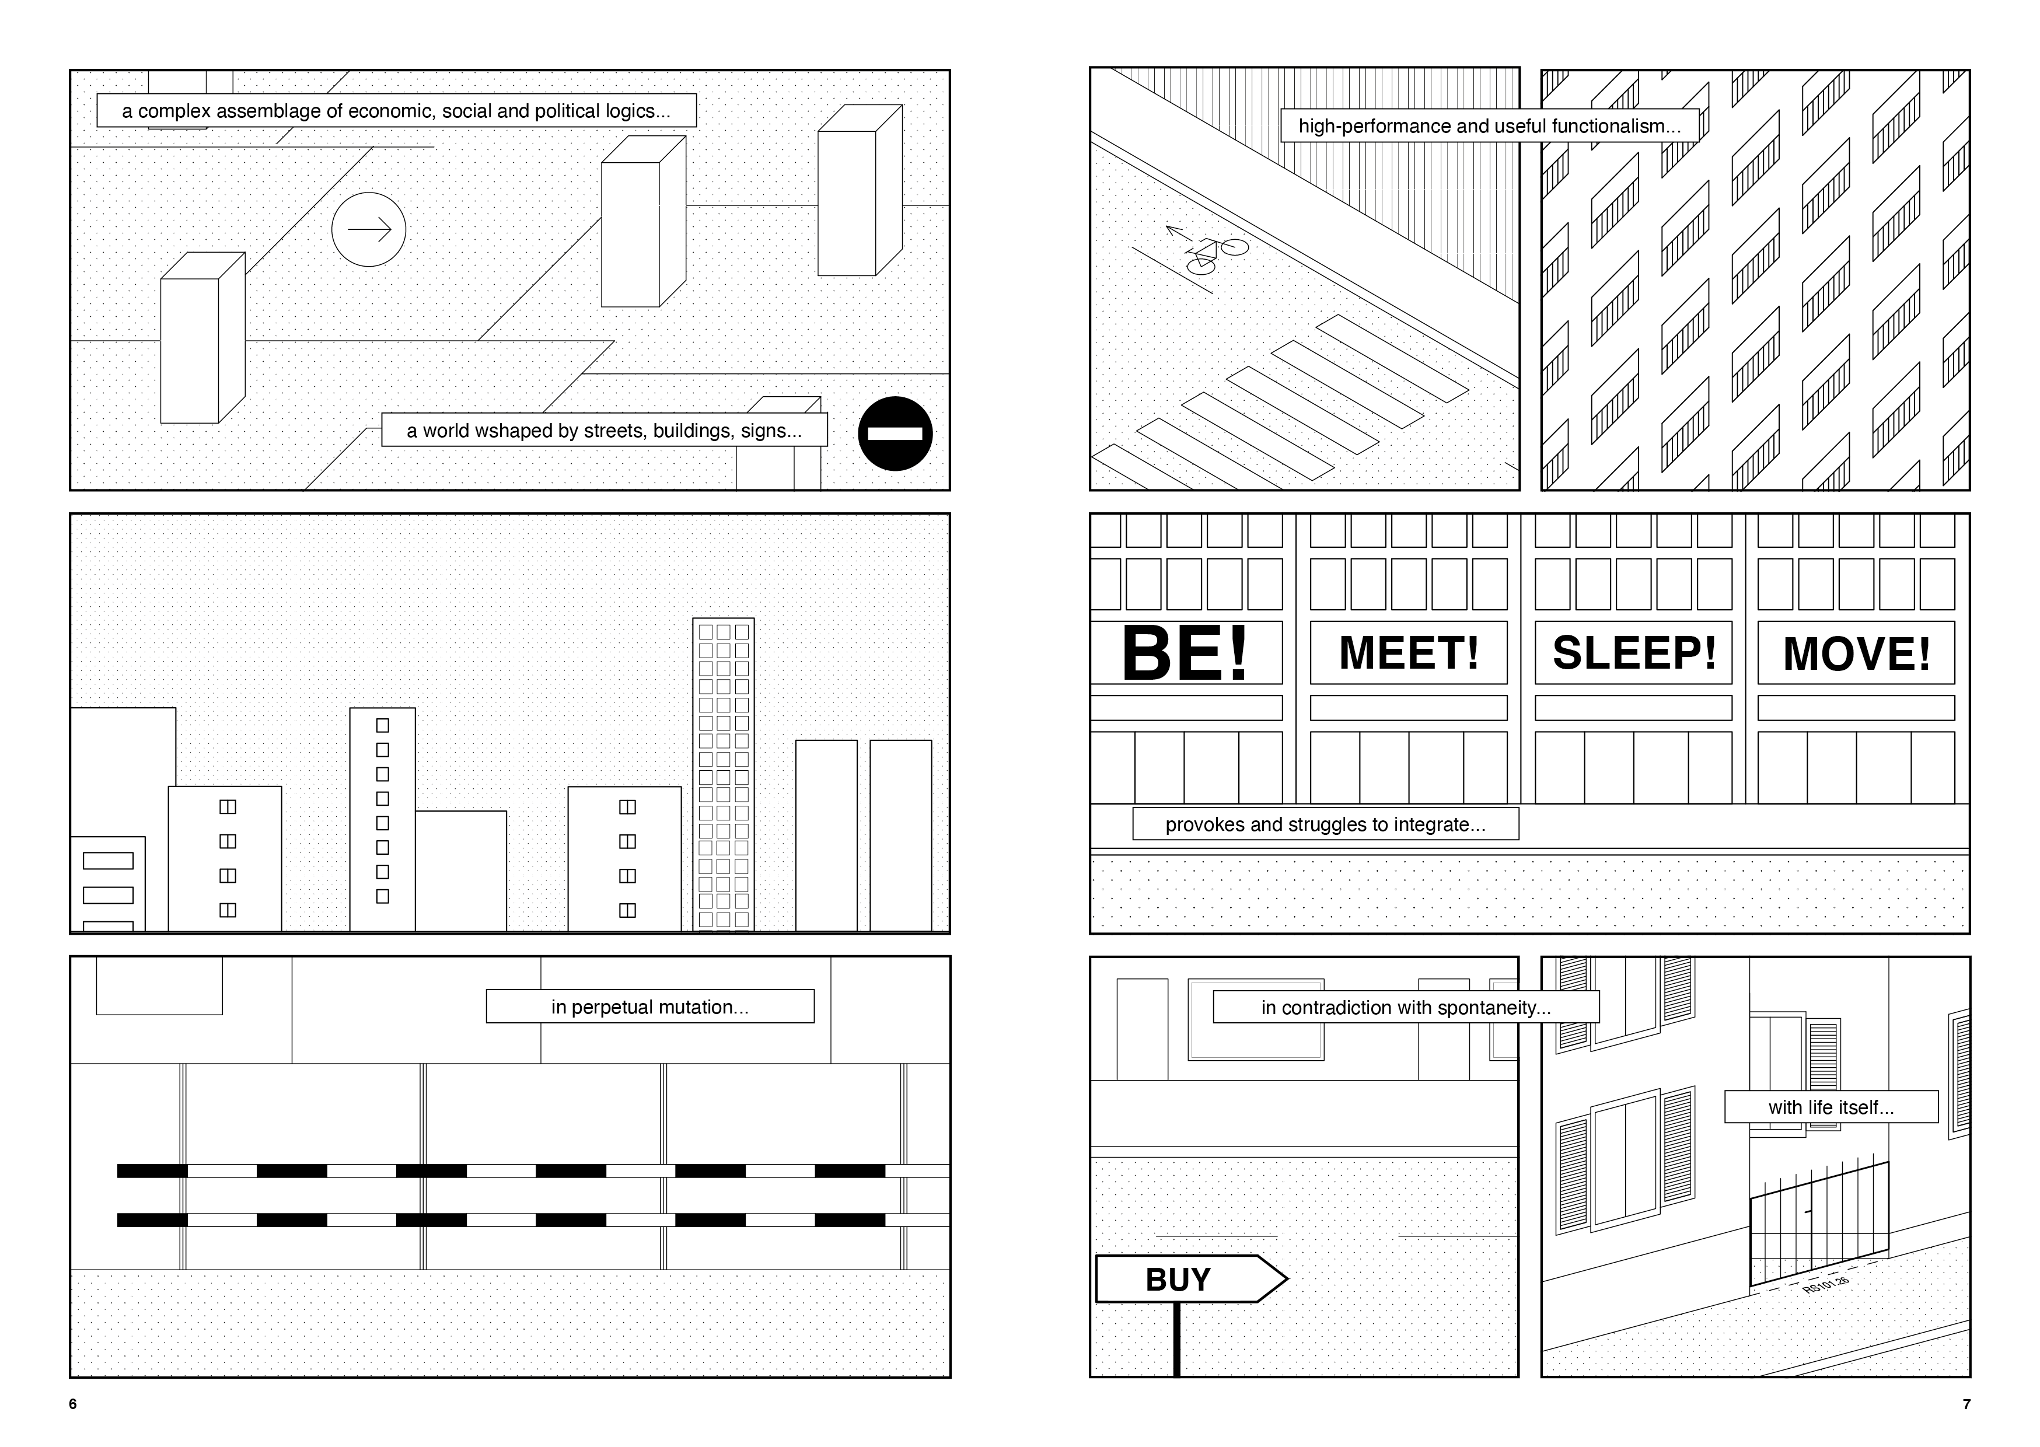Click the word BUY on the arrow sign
point(1178,1280)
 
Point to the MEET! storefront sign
point(1409,653)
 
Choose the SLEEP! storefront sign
point(1634,653)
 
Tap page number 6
point(73,1404)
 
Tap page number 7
point(1966,1404)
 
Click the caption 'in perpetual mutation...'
point(649,1007)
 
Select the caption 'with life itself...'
point(1831,1107)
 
